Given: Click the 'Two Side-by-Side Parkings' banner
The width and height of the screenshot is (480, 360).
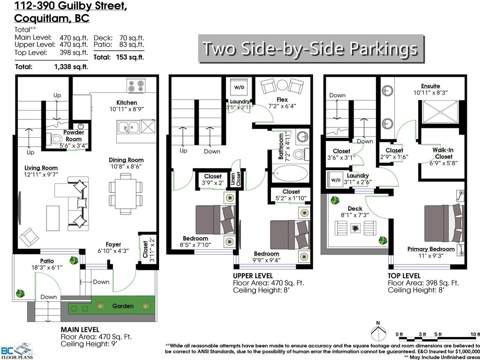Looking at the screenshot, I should pyautogui.click(x=310, y=48).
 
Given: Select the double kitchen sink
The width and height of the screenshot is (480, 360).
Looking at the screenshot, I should pyautogui.click(x=127, y=127).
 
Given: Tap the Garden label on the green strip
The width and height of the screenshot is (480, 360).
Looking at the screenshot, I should pyautogui.click(x=122, y=306).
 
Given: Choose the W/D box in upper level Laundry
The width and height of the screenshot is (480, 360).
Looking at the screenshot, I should pyautogui.click(x=240, y=87).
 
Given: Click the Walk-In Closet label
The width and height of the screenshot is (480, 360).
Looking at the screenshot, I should pyautogui.click(x=443, y=153).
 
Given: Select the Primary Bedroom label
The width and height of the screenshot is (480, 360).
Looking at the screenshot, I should pyautogui.click(x=431, y=249).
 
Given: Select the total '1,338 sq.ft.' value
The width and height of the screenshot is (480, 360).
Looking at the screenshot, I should pyautogui.click(x=71, y=67).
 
